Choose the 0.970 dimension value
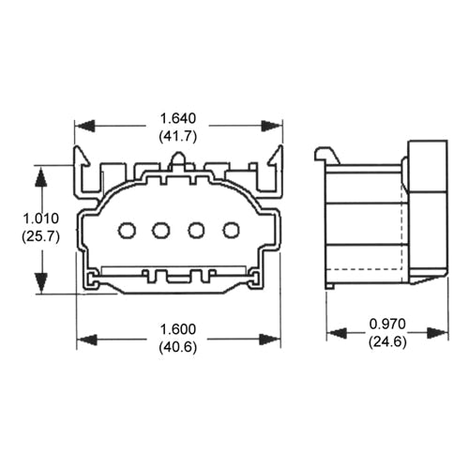click(x=386, y=324)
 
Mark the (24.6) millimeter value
click(x=386, y=340)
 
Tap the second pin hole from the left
click(x=160, y=229)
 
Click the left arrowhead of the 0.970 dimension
click(x=335, y=332)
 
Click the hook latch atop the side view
click(x=325, y=154)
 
